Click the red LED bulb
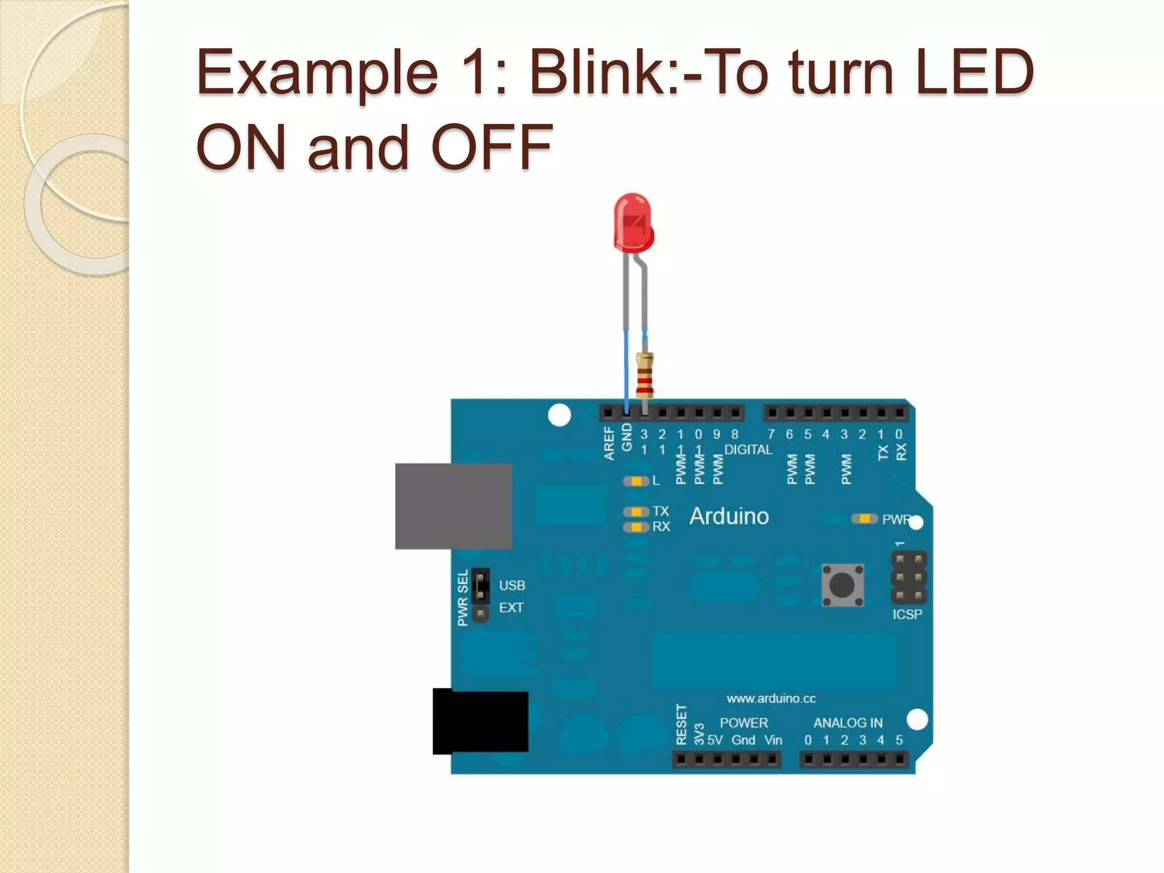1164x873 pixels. [x=633, y=223]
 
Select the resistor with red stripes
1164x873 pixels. [x=645, y=375]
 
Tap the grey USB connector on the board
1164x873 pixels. [x=454, y=506]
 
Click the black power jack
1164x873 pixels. [x=481, y=721]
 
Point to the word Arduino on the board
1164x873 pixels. [x=729, y=516]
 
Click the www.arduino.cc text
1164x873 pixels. [x=771, y=698]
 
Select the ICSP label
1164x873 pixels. [x=907, y=614]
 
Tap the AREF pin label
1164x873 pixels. [x=609, y=443]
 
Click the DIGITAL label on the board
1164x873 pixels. [x=748, y=450]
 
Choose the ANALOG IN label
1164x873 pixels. [x=848, y=722]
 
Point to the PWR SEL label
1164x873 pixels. [x=463, y=598]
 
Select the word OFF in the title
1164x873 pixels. [x=492, y=147]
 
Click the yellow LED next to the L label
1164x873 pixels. [x=637, y=481]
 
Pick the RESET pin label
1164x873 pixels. [x=681, y=724]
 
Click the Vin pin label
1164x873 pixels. [x=773, y=740]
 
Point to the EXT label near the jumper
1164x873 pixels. [x=511, y=608]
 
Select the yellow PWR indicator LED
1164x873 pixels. [x=864, y=519]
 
